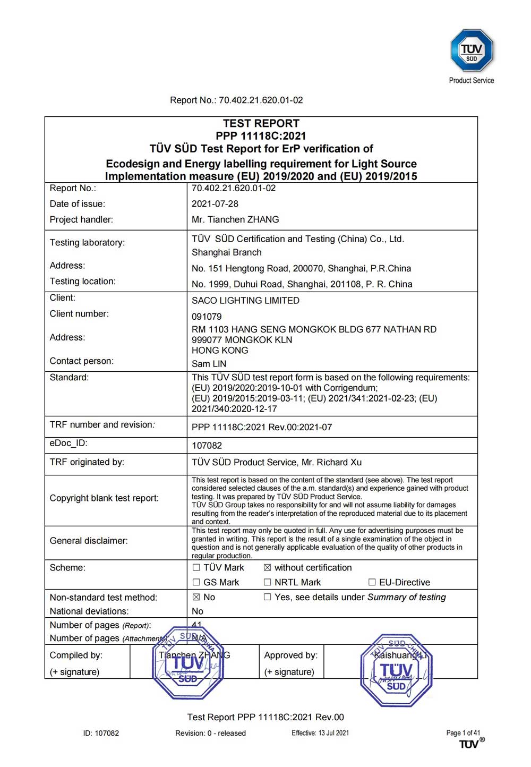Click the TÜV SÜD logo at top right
[472, 50]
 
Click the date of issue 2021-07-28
[215, 204]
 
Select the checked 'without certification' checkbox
[268, 568]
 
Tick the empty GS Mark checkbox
[196, 583]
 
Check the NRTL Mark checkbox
[268, 583]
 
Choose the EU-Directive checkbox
[372, 583]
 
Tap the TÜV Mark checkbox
[196, 568]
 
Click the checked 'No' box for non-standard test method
[196, 598]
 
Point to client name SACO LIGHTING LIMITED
[245, 301]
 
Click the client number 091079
[207, 317]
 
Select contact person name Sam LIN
[209, 364]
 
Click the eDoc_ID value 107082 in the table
[207, 446]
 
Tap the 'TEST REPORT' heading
[261, 123]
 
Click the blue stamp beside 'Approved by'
[396, 670]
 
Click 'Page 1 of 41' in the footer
[463, 733]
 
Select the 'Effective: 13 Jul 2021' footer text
[320, 733]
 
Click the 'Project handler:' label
[81, 220]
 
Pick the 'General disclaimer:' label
[89, 541]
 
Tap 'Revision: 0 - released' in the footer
[210, 733]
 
